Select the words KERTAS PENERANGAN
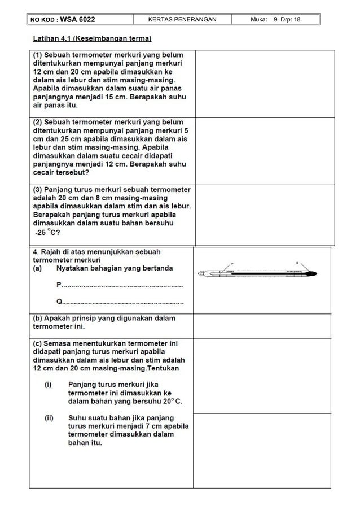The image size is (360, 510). [182, 20]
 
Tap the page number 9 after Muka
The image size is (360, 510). [275, 20]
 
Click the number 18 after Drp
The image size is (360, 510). [296, 20]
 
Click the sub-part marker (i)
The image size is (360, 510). [49, 385]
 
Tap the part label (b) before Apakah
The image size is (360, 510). [38, 319]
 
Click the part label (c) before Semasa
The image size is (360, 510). [38, 343]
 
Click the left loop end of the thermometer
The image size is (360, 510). [201, 274]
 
